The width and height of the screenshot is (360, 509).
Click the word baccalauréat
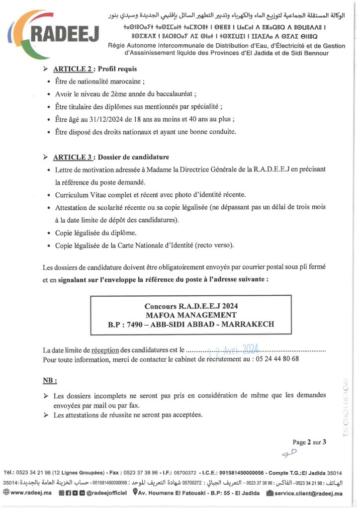tap(177, 93)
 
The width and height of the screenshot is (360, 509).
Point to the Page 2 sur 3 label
tap(309, 441)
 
